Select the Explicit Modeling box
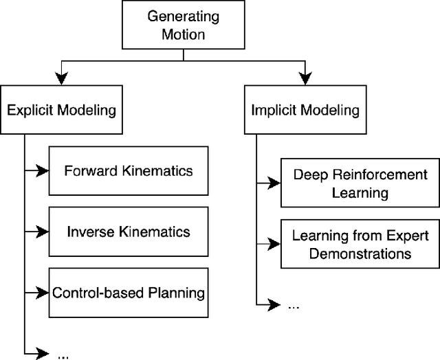pos(62,109)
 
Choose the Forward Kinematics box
pos(129,170)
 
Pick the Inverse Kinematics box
pos(129,231)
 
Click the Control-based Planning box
pos(129,293)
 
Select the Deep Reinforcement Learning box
pos(360,183)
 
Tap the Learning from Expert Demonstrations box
pos(360,245)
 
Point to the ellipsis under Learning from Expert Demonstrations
pos(294,306)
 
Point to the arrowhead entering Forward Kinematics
pos(43,170)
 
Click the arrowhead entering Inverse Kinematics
pos(43,232)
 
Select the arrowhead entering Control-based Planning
pos(43,293)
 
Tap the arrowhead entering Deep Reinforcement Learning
pos(275,183)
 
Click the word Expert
pos(410,236)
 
